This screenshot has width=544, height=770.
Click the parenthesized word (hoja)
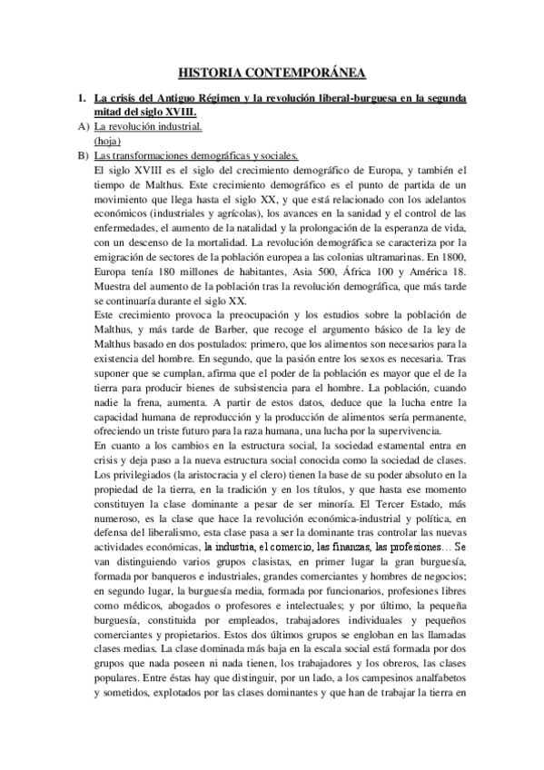(x=108, y=141)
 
